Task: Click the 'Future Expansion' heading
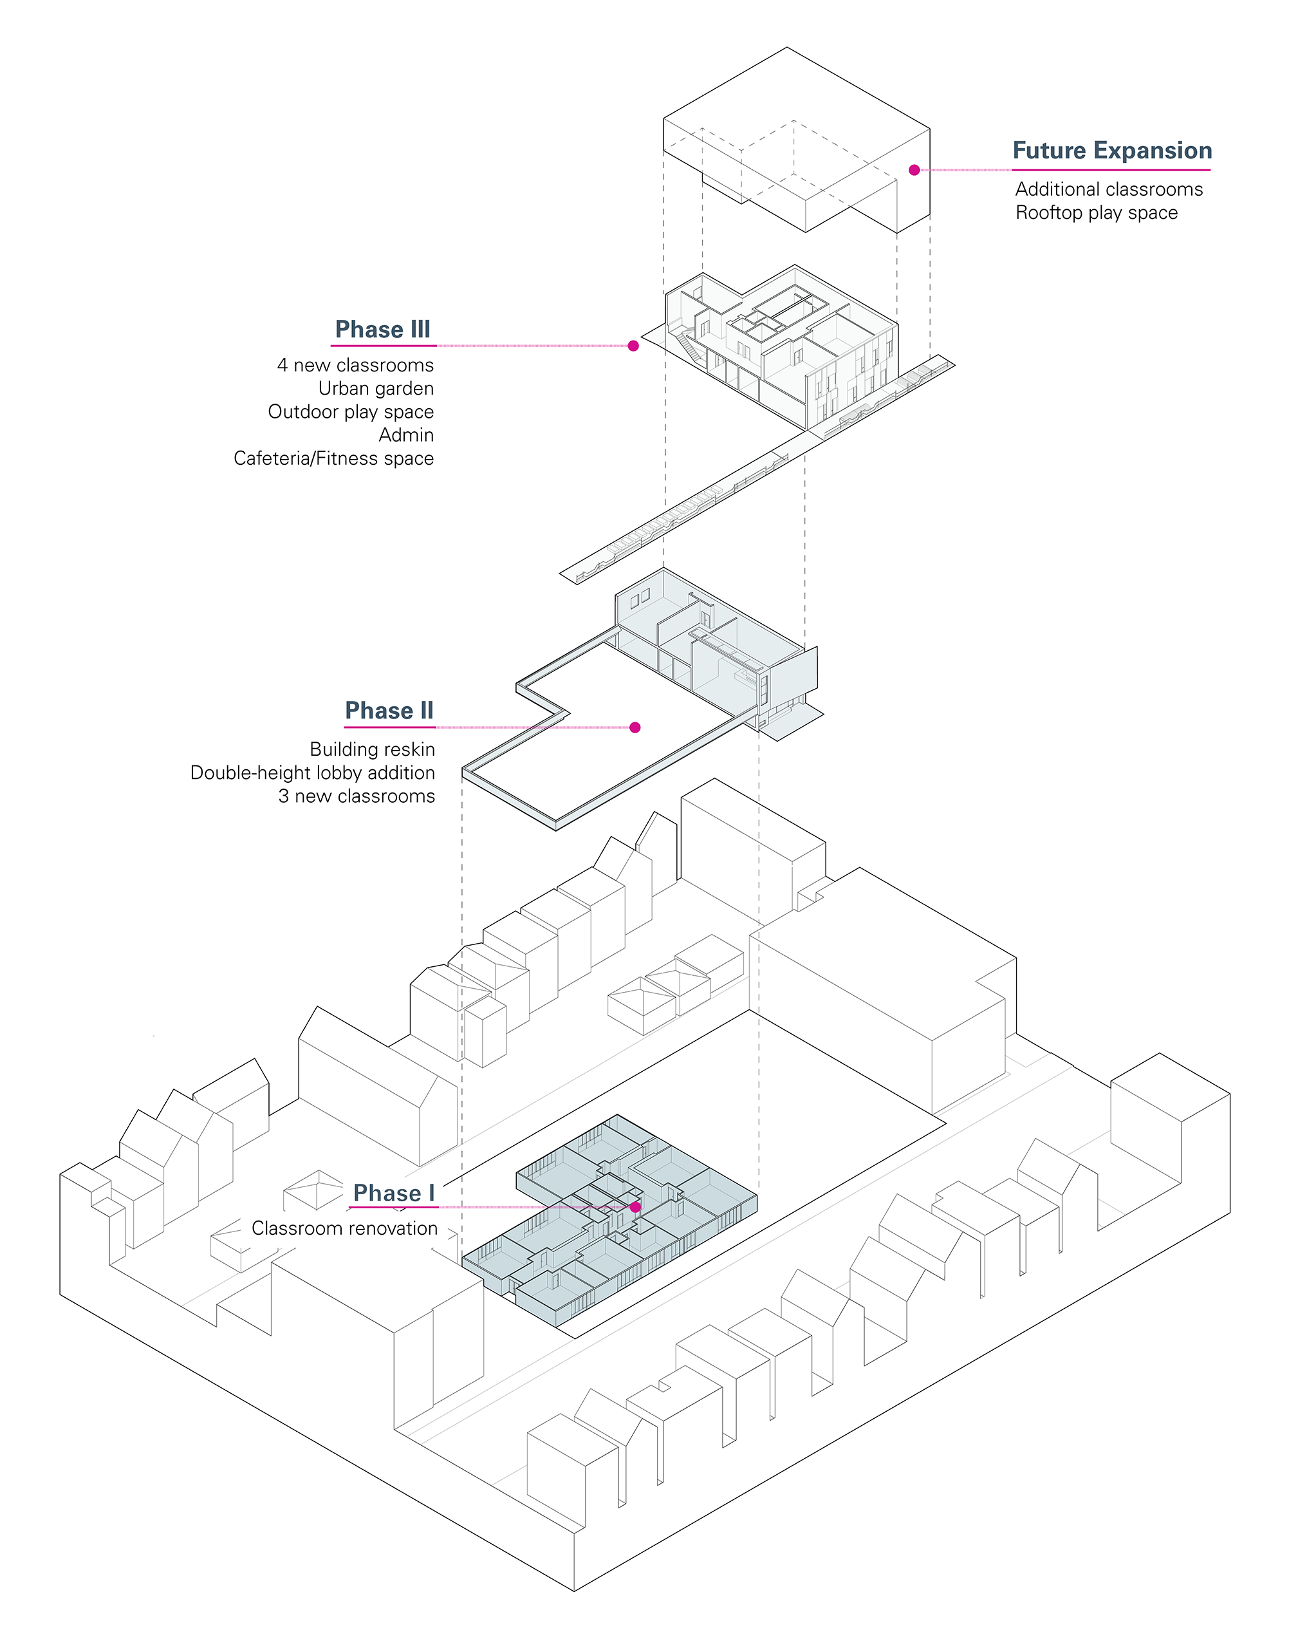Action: point(1111,151)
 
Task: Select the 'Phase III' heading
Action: point(383,330)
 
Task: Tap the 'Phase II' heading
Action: point(389,711)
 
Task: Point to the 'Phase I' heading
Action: point(393,1194)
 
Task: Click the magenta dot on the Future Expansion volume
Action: point(914,170)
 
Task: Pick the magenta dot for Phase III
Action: point(633,346)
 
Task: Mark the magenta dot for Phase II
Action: point(635,727)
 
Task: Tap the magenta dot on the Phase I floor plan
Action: point(635,1207)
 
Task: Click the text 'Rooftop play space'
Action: point(1096,213)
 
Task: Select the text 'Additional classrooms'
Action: point(1109,189)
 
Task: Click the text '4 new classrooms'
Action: point(355,366)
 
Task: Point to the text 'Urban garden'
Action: point(376,389)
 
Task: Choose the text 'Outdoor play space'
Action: point(351,412)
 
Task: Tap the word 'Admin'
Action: point(406,436)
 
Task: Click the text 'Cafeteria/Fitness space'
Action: point(333,459)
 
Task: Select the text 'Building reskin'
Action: point(372,749)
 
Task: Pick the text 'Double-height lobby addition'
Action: point(313,773)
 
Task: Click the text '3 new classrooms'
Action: point(357,796)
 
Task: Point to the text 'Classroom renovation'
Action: point(344,1229)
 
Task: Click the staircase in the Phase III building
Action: point(689,345)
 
